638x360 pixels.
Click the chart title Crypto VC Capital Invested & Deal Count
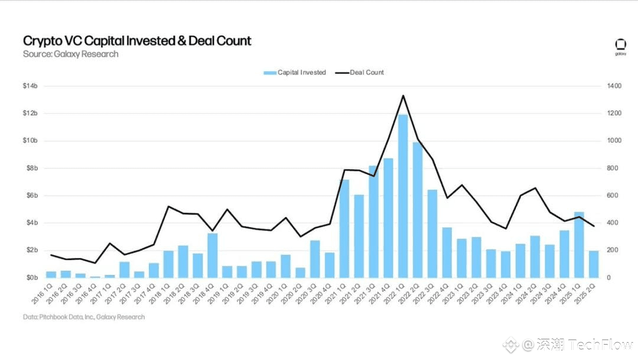click(137, 41)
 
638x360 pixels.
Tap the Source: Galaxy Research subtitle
click(70, 54)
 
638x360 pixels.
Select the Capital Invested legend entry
click(295, 73)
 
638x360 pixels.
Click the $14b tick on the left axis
click(31, 86)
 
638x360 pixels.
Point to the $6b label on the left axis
click(31, 196)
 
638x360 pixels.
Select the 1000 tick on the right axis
click(614, 141)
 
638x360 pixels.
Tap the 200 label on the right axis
click(613, 251)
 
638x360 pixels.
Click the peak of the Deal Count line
click(403, 95)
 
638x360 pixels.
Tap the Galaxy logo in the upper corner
click(620, 46)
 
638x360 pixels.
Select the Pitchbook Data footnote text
click(84, 317)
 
